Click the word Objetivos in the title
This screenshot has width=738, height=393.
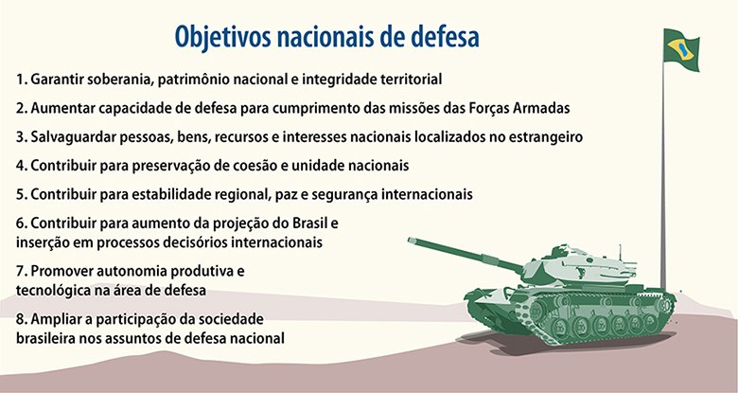point(222,37)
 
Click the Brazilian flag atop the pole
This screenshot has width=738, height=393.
point(681,50)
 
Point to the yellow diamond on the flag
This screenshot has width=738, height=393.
point(680,49)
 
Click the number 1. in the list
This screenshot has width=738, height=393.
point(22,80)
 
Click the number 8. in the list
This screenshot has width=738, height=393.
point(22,319)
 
